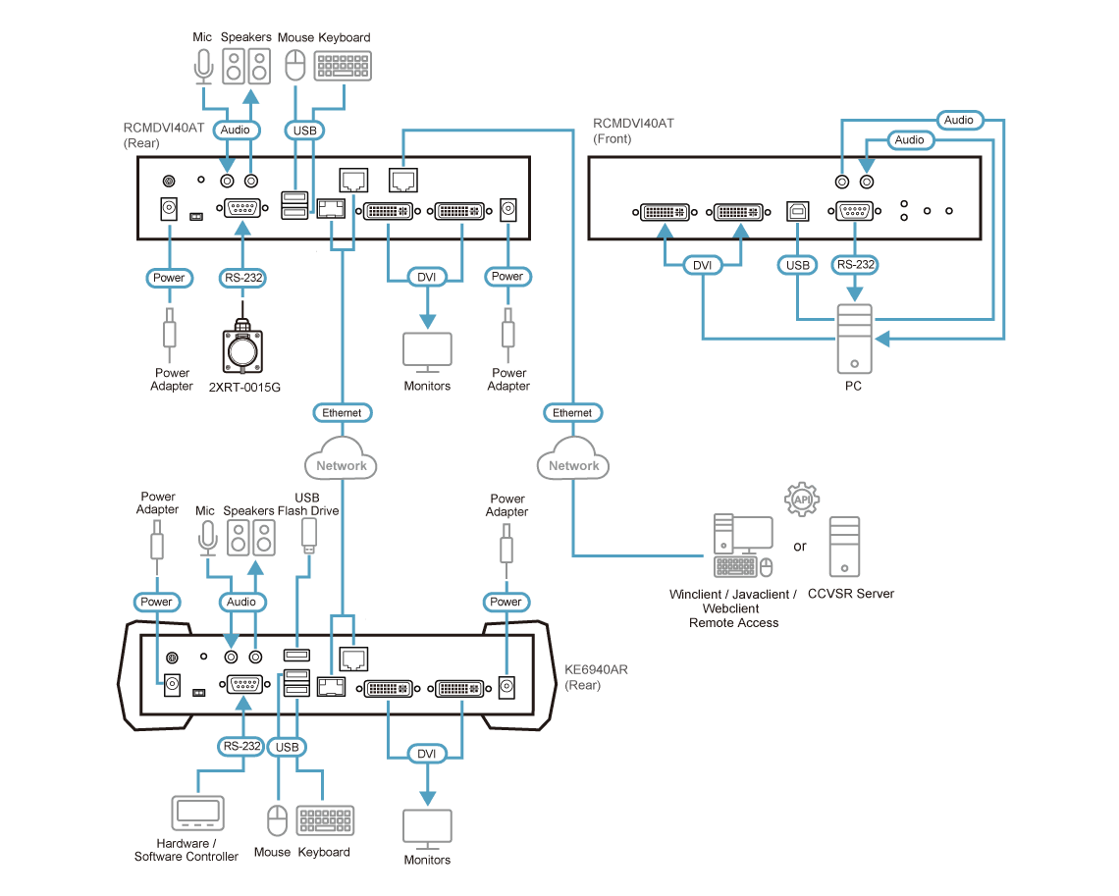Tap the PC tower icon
point(854,339)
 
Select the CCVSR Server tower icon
point(844,547)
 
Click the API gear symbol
point(802,500)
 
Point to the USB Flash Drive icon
point(309,535)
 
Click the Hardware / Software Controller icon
point(197,814)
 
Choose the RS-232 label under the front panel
point(855,265)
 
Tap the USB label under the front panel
point(797,265)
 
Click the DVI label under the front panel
point(702,265)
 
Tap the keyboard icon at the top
point(343,67)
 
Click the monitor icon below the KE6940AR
point(427,829)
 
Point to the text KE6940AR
point(596,669)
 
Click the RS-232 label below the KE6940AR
point(241,746)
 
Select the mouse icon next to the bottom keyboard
point(277,820)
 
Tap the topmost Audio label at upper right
point(958,120)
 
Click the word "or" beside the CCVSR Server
point(800,547)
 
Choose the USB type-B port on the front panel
point(797,211)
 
